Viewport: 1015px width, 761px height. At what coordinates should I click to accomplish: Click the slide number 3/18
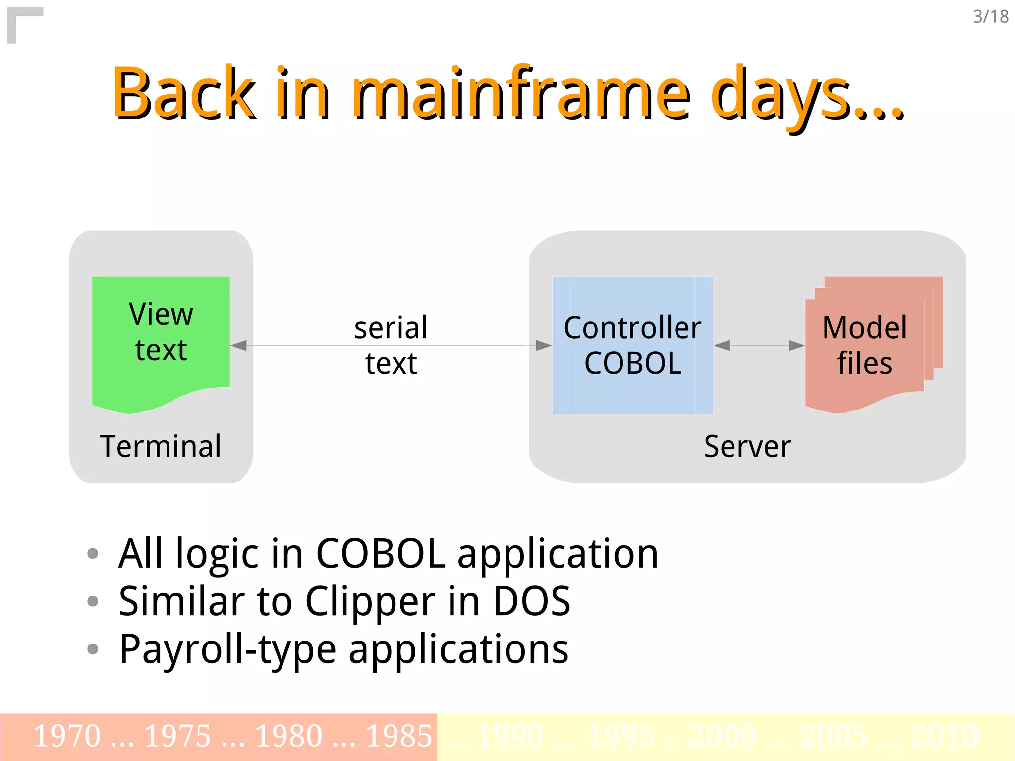[x=990, y=17]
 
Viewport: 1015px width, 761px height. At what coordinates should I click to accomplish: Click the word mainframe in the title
[x=520, y=94]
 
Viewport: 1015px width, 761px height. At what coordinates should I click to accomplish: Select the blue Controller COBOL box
[x=632, y=345]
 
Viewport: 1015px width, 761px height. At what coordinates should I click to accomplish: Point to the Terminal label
[x=161, y=446]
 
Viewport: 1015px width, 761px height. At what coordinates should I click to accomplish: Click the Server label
[x=747, y=446]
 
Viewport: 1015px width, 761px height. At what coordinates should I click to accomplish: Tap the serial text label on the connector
[x=391, y=345]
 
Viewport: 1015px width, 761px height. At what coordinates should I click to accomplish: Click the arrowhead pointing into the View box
[x=239, y=345]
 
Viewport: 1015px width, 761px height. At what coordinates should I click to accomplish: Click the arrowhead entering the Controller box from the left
[x=543, y=345]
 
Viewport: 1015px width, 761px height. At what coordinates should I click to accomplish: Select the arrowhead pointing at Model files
[x=796, y=345]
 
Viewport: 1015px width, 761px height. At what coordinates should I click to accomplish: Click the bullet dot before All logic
[x=93, y=553]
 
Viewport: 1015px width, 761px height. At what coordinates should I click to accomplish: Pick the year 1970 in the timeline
[x=67, y=736]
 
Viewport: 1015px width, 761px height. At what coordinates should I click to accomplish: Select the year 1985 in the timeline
[x=399, y=736]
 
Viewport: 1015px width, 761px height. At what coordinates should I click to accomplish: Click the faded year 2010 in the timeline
[x=944, y=736]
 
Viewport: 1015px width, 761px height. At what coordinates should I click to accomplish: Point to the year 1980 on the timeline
[x=288, y=736]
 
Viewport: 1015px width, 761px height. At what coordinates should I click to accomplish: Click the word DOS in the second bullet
[x=531, y=601]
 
